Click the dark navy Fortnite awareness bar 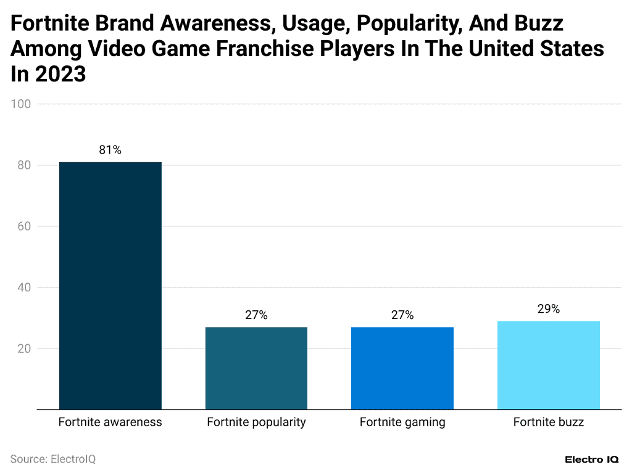pyautogui.click(x=110, y=286)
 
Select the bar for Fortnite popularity pyautogui.click(x=256, y=368)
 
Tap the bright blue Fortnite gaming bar pyautogui.click(x=402, y=368)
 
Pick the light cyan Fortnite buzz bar pyautogui.click(x=548, y=365)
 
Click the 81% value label pyautogui.click(x=110, y=150)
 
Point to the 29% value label pyautogui.click(x=548, y=309)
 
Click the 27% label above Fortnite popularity pyautogui.click(x=256, y=315)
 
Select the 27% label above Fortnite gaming pyautogui.click(x=402, y=315)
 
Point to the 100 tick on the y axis pyautogui.click(x=21, y=104)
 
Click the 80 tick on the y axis pyautogui.click(x=23, y=165)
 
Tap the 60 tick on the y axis pyautogui.click(x=23, y=226)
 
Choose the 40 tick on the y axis pyautogui.click(x=23, y=287)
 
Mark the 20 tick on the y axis pyautogui.click(x=23, y=349)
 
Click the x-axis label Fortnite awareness pyautogui.click(x=110, y=423)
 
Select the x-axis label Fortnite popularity pyautogui.click(x=256, y=423)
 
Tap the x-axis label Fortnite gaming pyautogui.click(x=402, y=423)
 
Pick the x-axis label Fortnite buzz pyautogui.click(x=548, y=423)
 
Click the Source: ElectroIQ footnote pyautogui.click(x=53, y=460)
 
